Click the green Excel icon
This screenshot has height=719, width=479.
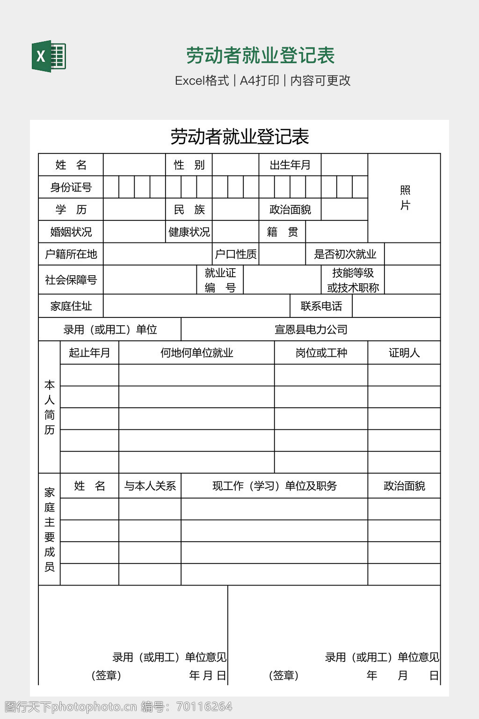[x=49, y=56]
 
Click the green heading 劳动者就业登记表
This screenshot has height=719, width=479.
[x=260, y=55]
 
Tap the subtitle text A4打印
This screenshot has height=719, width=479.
[x=259, y=81]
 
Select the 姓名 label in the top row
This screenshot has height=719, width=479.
[x=71, y=165]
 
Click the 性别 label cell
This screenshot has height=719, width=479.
[x=189, y=165]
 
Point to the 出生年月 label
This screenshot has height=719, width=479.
[x=290, y=165]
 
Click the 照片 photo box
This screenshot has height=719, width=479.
[x=405, y=198]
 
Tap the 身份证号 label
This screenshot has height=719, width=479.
[x=71, y=187]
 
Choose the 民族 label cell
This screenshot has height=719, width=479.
[x=189, y=209]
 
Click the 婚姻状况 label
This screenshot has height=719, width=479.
[x=71, y=232]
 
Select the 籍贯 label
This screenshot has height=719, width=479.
[x=282, y=232]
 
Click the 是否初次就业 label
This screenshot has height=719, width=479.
[x=345, y=254]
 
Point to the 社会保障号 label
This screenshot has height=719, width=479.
[x=71, y=280]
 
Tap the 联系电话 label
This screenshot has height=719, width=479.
[x=321, y=306]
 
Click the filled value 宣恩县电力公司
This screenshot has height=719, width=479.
[x=311, y=330]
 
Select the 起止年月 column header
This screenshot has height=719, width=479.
[x=89, y=352]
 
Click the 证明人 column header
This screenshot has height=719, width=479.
[x=404, y=352]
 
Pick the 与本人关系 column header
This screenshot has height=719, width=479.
[x=150, y=486]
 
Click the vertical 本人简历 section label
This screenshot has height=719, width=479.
[x=50, y=407]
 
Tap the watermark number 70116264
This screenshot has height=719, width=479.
[x=204, y=706]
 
